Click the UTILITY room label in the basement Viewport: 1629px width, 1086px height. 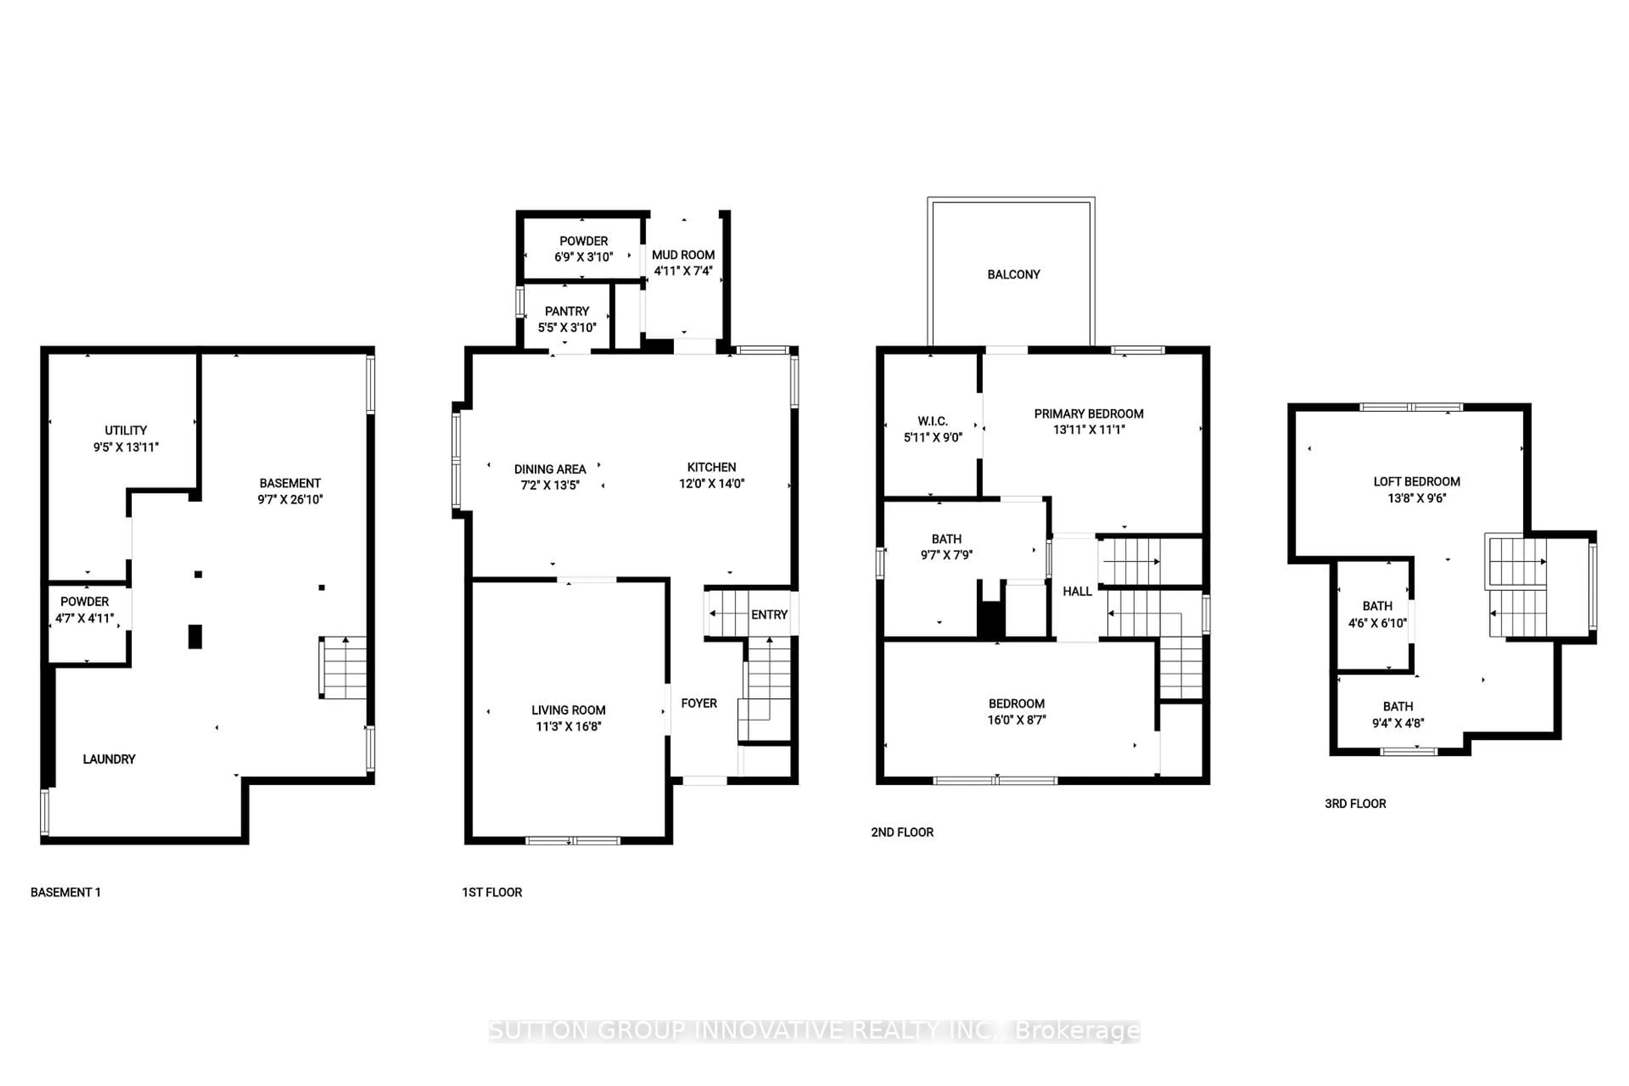pyautogui.click(x=126, y=430)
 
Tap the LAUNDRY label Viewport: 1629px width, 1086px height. pyautogui.click(x=109, y=759)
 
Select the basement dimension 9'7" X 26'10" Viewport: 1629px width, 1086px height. pyautogui.click(x=290, y=499)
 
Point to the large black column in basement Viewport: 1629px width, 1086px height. pyautogui.click(x=195, y=636)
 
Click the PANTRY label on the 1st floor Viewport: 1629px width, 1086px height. pyautogui.click(x=567, y=311)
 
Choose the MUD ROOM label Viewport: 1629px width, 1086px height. pyautogui.click(x=683, y=255)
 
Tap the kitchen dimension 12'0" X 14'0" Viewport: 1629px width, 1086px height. pyautogui.click(x=711, y=484)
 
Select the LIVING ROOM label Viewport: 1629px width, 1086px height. pyautogui.click(x=568, y=710)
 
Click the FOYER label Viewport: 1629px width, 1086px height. pyautogui.click(x=699, y=703)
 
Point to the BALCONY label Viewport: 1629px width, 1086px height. pyautogui.click(x=1013, y=274)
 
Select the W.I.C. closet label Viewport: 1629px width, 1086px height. pyautogui.click(x=932, y=421)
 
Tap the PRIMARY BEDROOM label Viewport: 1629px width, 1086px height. pyautogui.click(x=1088, y=414)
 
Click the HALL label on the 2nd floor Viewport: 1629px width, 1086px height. pyautogui.click(x=1077, y=591)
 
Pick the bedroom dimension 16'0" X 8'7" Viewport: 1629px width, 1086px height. pyautogui.click(x=1016, y=719)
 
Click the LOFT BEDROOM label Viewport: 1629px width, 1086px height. pyautogui.click(x=1416, y=481)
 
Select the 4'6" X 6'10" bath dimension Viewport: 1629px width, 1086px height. pyautogui.click(x=1377, y=623)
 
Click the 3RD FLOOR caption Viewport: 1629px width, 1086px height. pyautogui.click(x=1355, y=803)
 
